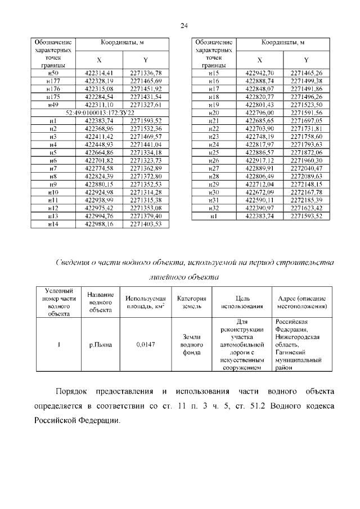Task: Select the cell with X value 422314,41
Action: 99,73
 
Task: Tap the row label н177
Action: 53,81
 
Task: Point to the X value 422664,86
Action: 99,152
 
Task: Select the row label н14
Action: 53,224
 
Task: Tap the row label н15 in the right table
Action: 213,73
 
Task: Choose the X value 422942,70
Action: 259,73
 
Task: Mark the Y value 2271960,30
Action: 306,160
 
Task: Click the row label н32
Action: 213,208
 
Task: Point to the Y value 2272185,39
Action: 306,200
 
